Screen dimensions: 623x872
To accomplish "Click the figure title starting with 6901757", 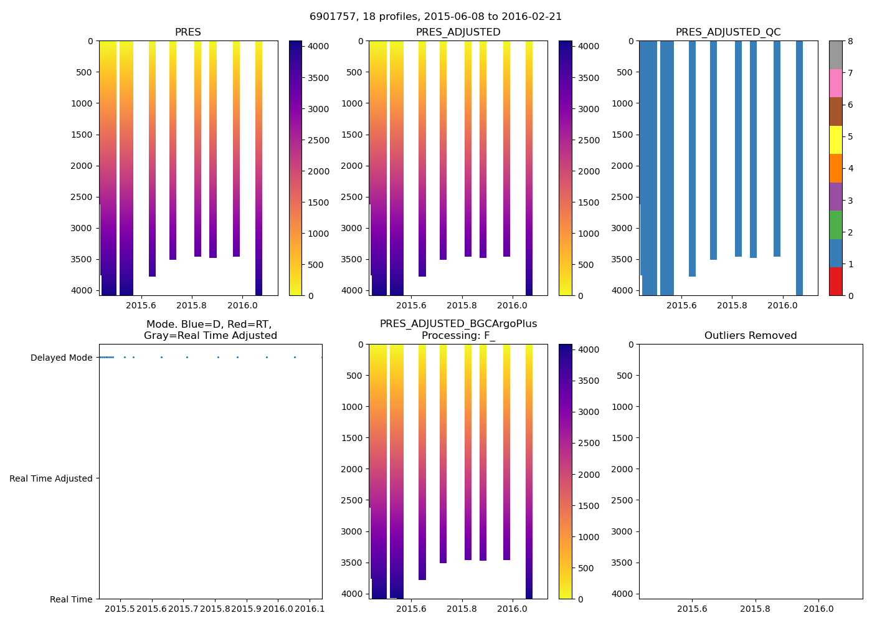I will pyautogui.click(x=435, y=17).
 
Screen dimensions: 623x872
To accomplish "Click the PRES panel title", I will pyautogui.click(x=187, y=32).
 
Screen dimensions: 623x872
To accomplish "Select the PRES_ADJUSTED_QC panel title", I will pyautogui.click(x=728, y=32).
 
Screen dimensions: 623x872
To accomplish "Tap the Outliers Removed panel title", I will pyautogui.click(x=751, y=336).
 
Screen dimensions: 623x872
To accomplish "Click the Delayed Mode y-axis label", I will pyautogui.click(x=61, y=358).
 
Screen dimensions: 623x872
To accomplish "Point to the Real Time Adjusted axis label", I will pyautogui.click(x=51, y=478).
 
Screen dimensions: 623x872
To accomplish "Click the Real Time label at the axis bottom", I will pyautogui.click(x=71, y=599).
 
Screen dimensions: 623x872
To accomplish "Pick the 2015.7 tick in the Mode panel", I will pyautogui.click(x=183, y=608).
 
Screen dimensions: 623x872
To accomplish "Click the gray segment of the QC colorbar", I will pyautogui.click(x=835, y=55).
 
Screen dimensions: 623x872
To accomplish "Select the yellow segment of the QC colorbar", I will pyautogui.click(x=835, y=140).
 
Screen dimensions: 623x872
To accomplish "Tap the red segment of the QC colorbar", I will pyautogui.click(x=835, y=282).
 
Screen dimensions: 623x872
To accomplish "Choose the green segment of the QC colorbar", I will pyautogui.click(x=835, y=225).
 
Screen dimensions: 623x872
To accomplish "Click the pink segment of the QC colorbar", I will pyautogui.click(x=835, y=83).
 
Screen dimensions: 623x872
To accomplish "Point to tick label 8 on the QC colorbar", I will pyautogui.click(x=850, y=42).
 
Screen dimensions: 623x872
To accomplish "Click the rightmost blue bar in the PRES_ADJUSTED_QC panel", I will pyautogui.click(x=799, y=168).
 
